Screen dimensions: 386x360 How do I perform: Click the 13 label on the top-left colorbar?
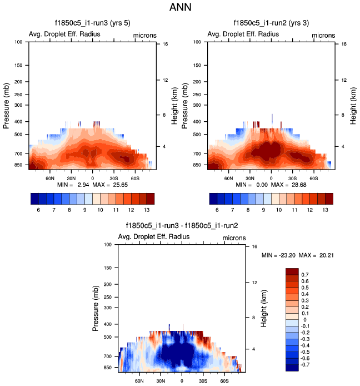pyautogui.click(x=146, y=210)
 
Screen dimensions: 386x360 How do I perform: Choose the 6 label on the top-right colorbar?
pyautogui.click(x=218, y=210)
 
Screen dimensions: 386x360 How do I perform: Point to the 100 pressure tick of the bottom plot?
pyautogui.click(x=109, y=245)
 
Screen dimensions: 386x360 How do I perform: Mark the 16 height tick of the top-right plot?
pyautogui.click(x=344, y=43)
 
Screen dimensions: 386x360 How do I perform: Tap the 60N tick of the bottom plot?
pyautogui.click(x=139, y=382)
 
